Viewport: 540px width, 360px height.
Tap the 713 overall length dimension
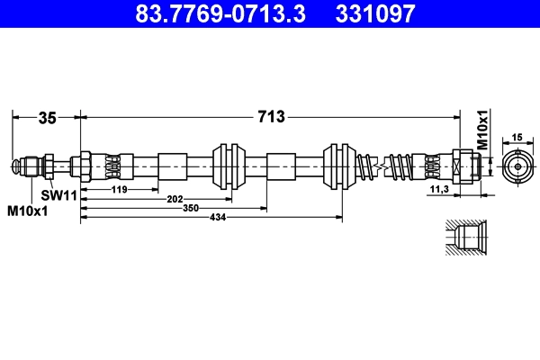[x=272, y=116]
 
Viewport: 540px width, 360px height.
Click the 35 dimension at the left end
[x=47, y=116]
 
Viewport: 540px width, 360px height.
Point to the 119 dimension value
[x=120, y=190]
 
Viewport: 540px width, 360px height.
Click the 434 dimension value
[x=216, y=218]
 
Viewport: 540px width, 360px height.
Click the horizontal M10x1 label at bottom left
[x=27, y=211]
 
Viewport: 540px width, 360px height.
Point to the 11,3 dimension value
[x=440, y=190]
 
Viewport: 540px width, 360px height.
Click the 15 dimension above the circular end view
[x=517, y=137]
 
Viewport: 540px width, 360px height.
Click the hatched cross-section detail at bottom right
[x=465, y=238]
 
